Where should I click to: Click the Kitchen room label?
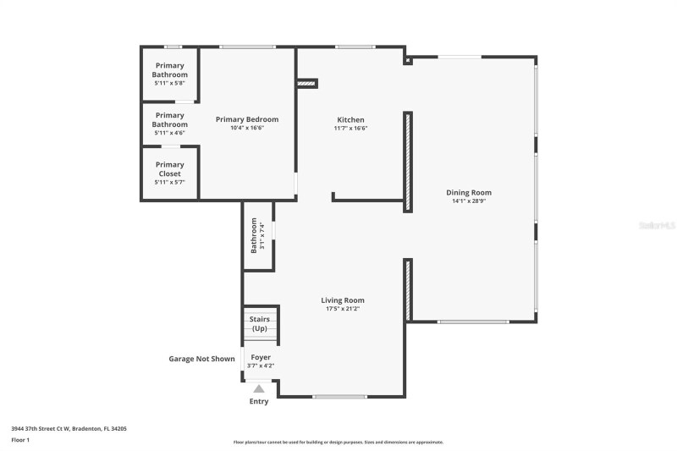point(350,120)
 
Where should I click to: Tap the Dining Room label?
point(469,192)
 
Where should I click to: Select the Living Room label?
point(343,300)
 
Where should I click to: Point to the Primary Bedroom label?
point(247,119)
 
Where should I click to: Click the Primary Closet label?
point(170,169)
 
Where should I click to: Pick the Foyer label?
point(261,358)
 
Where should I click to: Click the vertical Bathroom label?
point(253,235)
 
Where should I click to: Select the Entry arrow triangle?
point(259,388)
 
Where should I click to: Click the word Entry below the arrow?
point(259,401)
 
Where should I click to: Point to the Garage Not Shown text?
point(201,359)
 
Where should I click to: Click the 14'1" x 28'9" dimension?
point(469,201)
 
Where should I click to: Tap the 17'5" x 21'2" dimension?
point(343,309)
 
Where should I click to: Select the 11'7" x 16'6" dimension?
point(350,129)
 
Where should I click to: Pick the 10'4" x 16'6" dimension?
point(247,129)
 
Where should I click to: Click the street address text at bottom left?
point(69,429)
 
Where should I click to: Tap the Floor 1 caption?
point(20,440)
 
